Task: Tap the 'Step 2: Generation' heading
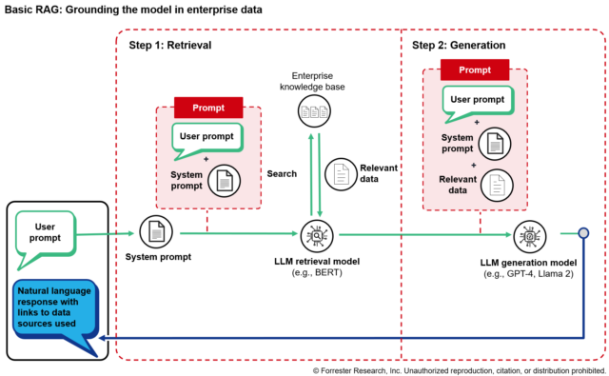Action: (x=459, y=45)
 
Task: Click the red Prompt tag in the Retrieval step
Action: (x=208, y=107)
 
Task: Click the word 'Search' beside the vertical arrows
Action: (x=282, y=174)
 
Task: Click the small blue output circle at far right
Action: (x=583, y=233)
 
